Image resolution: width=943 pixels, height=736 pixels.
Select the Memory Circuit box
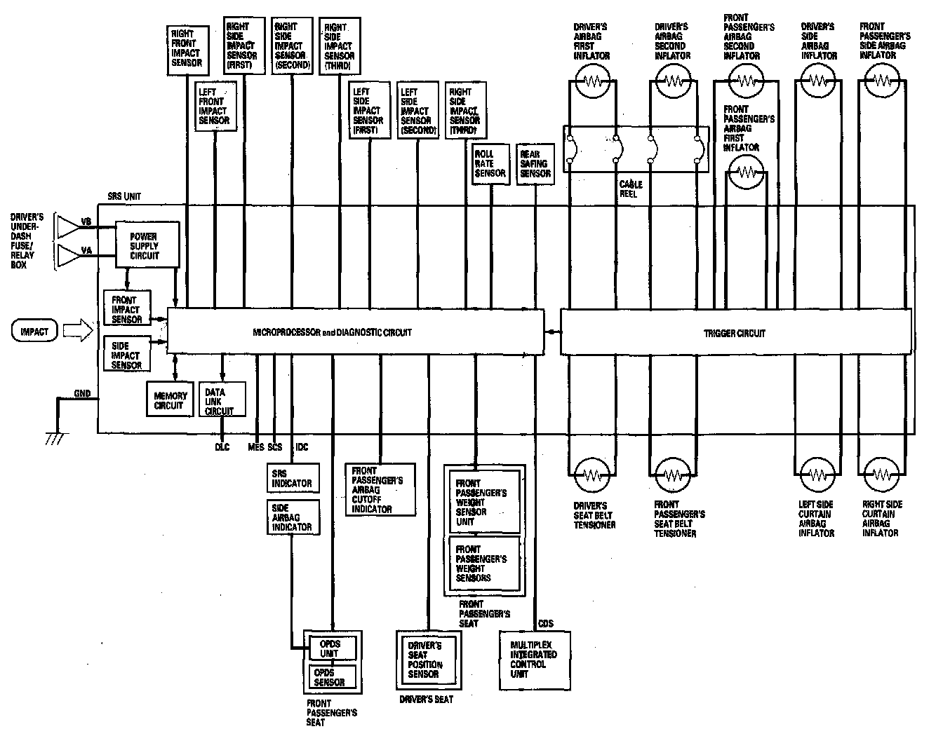(168, 400)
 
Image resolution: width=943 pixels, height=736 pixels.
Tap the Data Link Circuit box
(222, 400)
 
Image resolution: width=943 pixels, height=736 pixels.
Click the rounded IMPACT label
(34, 331)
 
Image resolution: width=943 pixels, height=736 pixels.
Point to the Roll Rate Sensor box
(490, 164)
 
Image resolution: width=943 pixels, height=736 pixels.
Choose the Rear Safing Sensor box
(535, 164)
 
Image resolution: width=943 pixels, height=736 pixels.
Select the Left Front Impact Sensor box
(213, 106)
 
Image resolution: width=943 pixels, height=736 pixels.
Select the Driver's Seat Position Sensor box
(427, 660)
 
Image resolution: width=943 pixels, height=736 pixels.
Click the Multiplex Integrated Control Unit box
(534, 660)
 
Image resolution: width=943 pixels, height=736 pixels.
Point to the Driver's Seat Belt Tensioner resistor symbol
(594, 475)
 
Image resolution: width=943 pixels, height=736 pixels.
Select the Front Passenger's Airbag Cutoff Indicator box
(379, 489)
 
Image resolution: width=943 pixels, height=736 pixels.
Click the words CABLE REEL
(630, 189)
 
